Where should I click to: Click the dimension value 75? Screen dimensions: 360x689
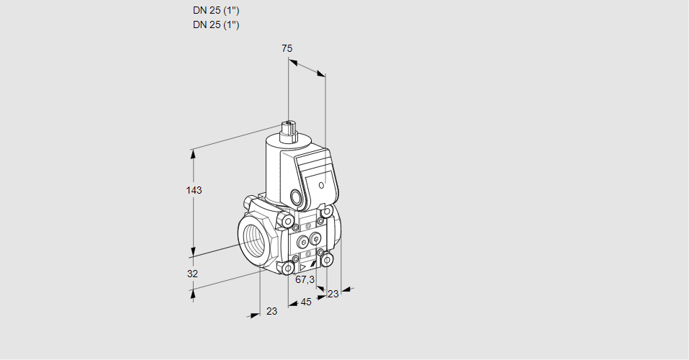click(287, 48)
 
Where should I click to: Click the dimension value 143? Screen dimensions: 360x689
click(194, 190)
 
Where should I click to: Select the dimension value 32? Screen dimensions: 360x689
click(192, 274)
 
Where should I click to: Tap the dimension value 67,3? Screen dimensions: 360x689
click(305, 279)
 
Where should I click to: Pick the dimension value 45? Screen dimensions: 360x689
click(306, 302)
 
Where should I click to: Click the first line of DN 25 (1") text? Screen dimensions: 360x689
click(216, 11)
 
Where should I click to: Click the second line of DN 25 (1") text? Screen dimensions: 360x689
click(216, 24)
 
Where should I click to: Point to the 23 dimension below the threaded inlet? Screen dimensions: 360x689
click(271, 311)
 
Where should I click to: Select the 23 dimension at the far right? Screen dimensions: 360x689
click(333, 293)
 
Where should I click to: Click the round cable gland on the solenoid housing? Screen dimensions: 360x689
click(296, 197)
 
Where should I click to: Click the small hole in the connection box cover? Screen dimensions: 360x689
click(321, 186)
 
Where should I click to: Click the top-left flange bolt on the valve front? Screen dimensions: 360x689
click(288, 220)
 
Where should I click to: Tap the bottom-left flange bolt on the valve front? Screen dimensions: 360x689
click(289, 269)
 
